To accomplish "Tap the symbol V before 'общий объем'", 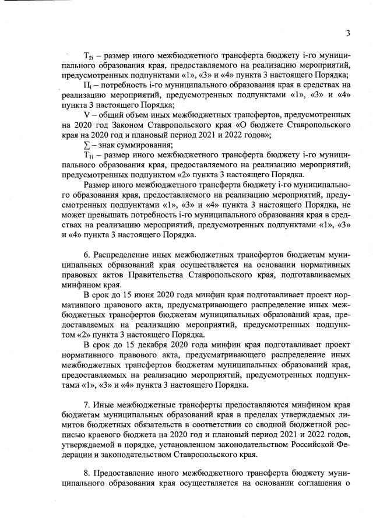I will [x=87, y=115].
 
